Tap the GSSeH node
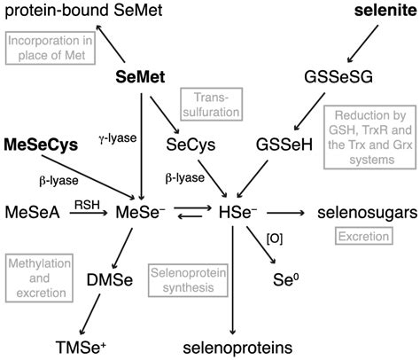pos(281,143)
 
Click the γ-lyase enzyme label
pos(109,139)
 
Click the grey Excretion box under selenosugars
pos(360,236)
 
